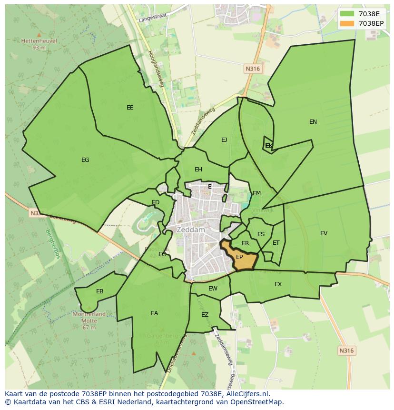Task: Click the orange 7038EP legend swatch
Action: pyautogui.click(x=347, y=23)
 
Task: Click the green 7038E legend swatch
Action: pyautogui.click(x=347, y=14)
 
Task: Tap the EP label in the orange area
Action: pyautogui.click(x=239, y=257)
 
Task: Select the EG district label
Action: pyautogui.click(x=85, y=160)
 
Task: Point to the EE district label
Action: pyautogui.click(x=130, y=108)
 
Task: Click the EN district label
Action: pyautogui.click(x=313, y=122)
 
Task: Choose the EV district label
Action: pyautogui.click(x=324, y=233)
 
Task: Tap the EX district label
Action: pyautogui.click(x=278, y=284)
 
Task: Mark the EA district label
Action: pyautogui.click(x=154, y=313)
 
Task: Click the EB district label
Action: pyautogui.click(x=99, y=291)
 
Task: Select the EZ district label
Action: pyautogui.click(x=205, y=315)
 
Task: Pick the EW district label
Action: pyautogui.click(x=213, y=289)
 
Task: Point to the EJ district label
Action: pyautogui.click(x=224, y=140)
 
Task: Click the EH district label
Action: pyautogui.click(x=198, y=170)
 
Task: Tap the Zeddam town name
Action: pyautogui.click(x=190, y=230)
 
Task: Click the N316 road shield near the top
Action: pyautogui.click(x=253, y=69)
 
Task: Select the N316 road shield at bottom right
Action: pyautogui.click(x=346, y=351)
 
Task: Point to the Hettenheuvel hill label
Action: pyautogui.click(x=39, y=41)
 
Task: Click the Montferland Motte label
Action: pyautogui.click(x=89, y=314)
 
